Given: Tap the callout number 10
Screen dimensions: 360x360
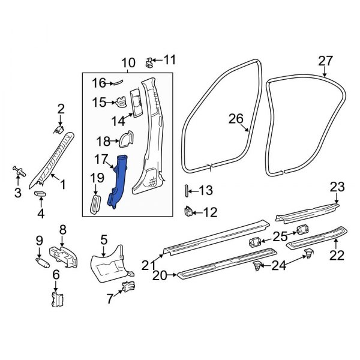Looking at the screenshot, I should click(x=128, y=64).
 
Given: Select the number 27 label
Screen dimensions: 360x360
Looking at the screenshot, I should click(x=325, y=61).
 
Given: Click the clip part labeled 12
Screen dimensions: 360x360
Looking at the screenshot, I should click(x=189, y=211).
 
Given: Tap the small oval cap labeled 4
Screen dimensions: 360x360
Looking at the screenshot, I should click(x=41, y=194).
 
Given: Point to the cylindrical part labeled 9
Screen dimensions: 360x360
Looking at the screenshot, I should click(x=43, y=263).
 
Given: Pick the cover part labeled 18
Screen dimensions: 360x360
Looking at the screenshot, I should click(x=125, y=139).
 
